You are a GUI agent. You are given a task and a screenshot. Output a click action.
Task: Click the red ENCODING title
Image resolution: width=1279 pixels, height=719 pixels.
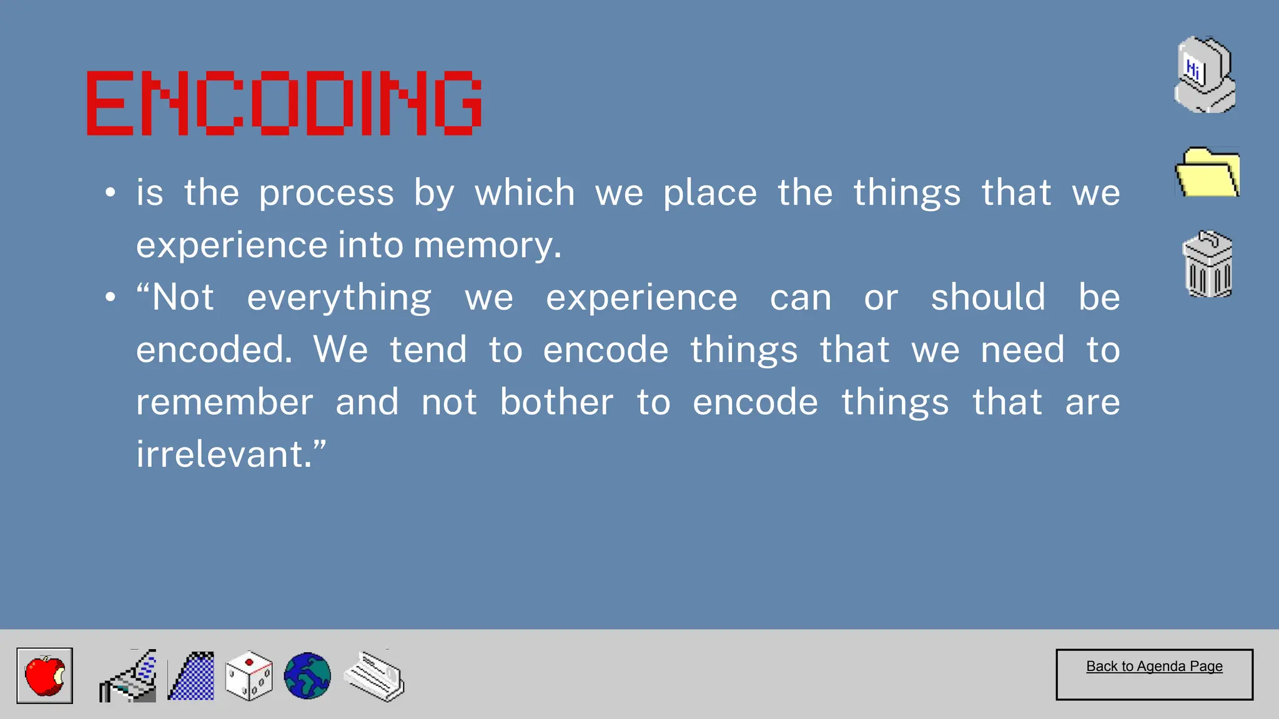pyautogui.click(x=284, y=103)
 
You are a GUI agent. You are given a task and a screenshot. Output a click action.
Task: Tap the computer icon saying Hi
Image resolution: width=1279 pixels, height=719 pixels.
pyautogui.click(x=1205, y=76)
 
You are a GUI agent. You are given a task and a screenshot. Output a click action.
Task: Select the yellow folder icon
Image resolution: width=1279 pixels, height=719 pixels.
pyautogui.click(x=1207, y=173)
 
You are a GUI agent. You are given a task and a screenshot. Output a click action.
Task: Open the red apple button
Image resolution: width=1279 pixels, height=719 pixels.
pyautogui.click(x=45, y=675)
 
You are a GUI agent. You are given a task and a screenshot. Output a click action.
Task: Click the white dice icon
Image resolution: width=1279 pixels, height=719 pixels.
pyautogui.click(x=249, y=677)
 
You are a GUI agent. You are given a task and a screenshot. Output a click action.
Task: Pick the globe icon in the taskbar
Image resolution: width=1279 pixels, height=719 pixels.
pyautogui.click(x=307, y=676)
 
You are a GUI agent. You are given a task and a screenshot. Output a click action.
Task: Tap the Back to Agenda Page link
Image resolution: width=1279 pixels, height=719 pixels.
pyautogui.click(x=1154, y=667)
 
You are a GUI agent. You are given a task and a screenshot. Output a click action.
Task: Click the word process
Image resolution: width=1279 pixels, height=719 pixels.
pyautogui.click(x=327, y=193)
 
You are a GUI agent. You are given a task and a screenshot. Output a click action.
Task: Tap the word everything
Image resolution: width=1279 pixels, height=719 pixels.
pyautogui.click(x=339, y=298)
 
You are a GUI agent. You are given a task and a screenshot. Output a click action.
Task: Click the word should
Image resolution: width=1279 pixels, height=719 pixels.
pyautogui.click(x=988, y=297)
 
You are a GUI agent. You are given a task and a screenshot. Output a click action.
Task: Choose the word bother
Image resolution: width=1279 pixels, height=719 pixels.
pyautogui.click(x=556, y=402)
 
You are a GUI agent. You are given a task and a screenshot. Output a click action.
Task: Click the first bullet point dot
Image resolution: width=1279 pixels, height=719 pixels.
pyautogui.click(x=111, y=193)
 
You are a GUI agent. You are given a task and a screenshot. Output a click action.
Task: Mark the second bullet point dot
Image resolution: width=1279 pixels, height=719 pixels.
pyautogui.click(x=111, y=298)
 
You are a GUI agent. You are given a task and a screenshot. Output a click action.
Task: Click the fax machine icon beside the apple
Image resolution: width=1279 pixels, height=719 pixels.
pyautogui.click(x=128, y=677)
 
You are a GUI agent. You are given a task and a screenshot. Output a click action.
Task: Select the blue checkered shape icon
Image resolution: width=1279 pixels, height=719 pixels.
pyautogui.click(x=191, y=677)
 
